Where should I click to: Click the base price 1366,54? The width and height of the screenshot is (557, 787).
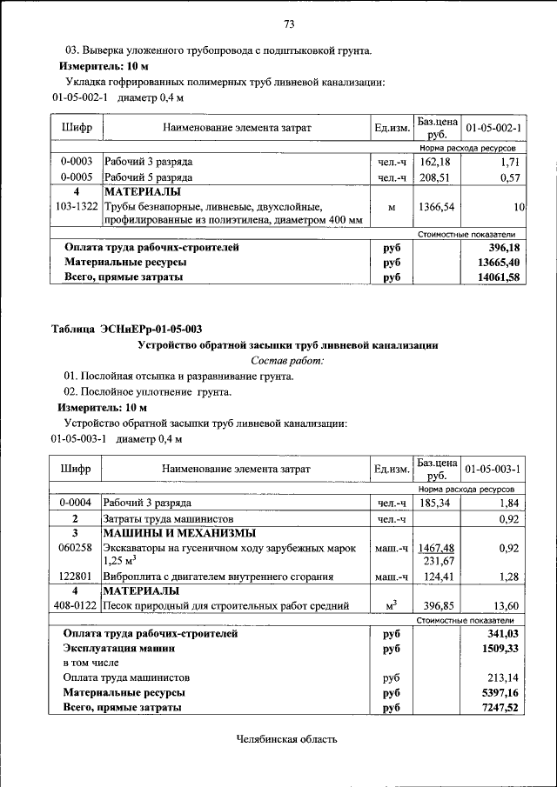(x=437, y=207)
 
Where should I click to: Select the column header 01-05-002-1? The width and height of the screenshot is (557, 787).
(x=493, y=128)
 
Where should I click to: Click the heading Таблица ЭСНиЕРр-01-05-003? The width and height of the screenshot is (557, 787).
(x=127, y=329)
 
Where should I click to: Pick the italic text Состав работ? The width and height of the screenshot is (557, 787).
(x=287, y=360)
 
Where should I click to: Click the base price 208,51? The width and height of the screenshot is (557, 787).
(x=437, y=177)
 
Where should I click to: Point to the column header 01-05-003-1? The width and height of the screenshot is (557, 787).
(x=493, y=470)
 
